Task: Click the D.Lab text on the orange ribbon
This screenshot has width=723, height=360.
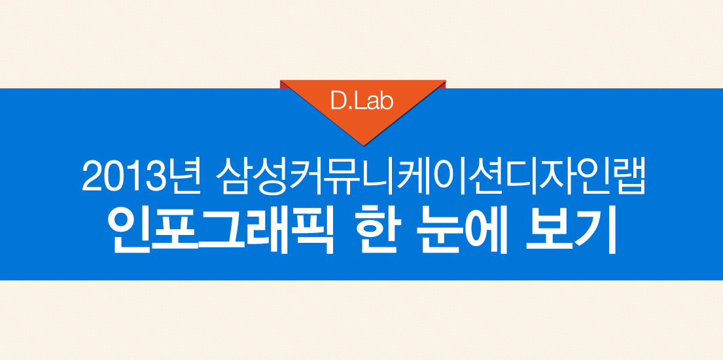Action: (x=362, y=101)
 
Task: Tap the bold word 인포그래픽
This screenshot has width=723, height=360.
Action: (x=220, y=231)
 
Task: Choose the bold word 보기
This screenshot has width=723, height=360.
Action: (x=572, y=231)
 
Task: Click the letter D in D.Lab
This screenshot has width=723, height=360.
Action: (x=338, y=101)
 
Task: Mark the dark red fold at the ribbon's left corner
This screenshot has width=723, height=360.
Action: (x=283, y=84)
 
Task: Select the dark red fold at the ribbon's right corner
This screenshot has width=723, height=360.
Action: (x=443, y=84)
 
